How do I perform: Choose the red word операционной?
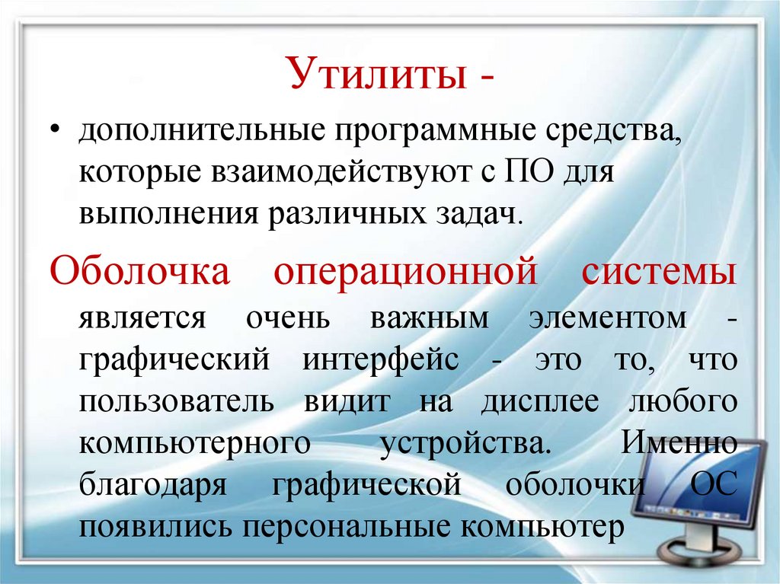406,272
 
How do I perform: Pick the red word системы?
660,272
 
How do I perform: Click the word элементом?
607,319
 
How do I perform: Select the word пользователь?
175,401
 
